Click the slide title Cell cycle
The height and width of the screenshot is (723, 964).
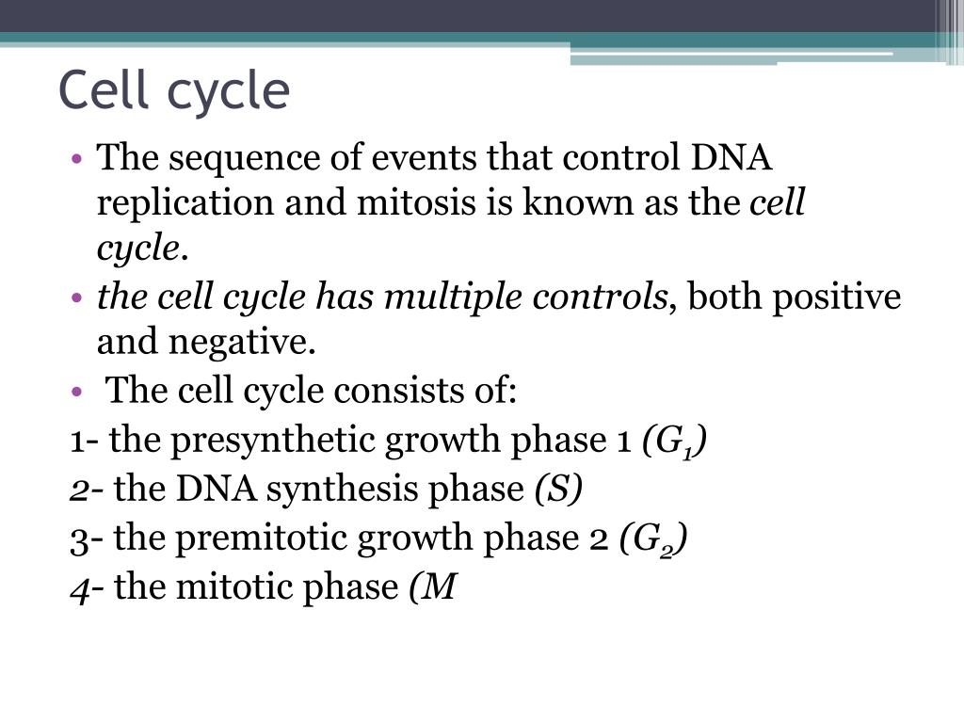[174, 91]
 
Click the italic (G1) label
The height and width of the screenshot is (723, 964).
[675, 441]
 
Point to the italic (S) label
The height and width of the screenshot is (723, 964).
[558, 490]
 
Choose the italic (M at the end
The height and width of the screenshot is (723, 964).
[432, 587]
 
